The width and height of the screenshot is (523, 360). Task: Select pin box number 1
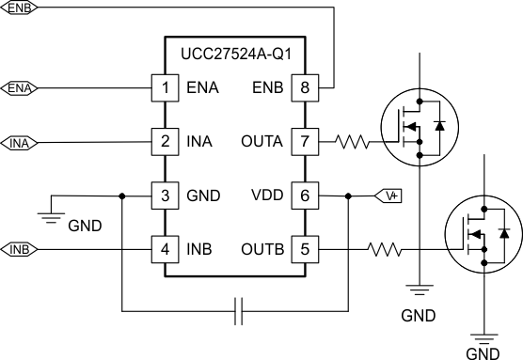pyautogui.click(x=166, y=88)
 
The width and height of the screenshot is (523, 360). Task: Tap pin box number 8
pyautogui.click(x=305, y=88)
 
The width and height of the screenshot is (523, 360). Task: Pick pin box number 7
pyautogui.click(x=305, y=142)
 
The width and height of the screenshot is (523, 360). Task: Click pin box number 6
pyautogui.click(x=305, y=196)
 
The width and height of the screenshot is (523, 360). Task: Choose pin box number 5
pyautogui.click(x=305, y=250)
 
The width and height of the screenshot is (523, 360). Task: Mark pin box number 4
pyautogui.click(x=166, y=250)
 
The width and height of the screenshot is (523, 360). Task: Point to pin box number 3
pyautogui.click(x=166, y=196)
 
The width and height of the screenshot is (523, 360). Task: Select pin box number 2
pyautogui.click(x=166, y=142)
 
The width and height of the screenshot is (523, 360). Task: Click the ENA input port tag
pyautogui.click(x=20, y=88)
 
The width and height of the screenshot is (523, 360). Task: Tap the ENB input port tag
pyautogui.click(x=19, y=8)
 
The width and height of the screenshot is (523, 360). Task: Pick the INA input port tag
pyautogui.click(x=20, y=143)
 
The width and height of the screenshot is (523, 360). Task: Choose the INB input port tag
pyautogui.click(x=20, y=250)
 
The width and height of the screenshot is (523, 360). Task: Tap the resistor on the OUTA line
pyautogui.click(x=356, y=143)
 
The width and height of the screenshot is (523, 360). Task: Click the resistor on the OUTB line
pyautogui.click(x=386, y=250)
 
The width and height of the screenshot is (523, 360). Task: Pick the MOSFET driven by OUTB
pyautogui.click(x=482, y=233)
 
